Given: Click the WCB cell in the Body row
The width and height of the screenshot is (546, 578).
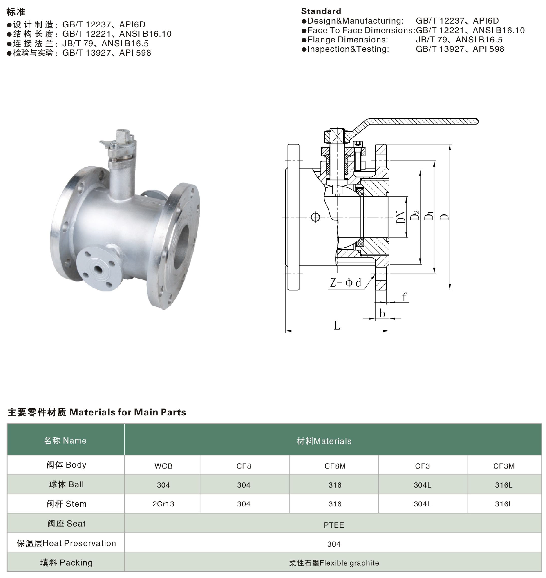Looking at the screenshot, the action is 163,466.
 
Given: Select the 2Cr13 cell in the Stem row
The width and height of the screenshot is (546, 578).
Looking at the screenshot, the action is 163,504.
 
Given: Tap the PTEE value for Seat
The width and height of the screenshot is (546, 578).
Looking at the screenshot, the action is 334,525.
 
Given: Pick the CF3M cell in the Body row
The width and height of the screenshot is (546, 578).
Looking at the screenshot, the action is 504,466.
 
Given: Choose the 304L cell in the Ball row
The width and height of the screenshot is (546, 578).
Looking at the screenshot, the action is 422,485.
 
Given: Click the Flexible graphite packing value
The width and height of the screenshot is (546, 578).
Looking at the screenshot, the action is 334,563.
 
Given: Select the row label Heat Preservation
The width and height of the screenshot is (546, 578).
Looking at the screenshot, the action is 66,543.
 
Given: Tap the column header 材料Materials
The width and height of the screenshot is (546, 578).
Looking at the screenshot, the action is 324,441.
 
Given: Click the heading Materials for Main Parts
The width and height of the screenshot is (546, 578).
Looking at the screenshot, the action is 127,412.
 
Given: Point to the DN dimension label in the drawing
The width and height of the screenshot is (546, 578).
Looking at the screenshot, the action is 401,217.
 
